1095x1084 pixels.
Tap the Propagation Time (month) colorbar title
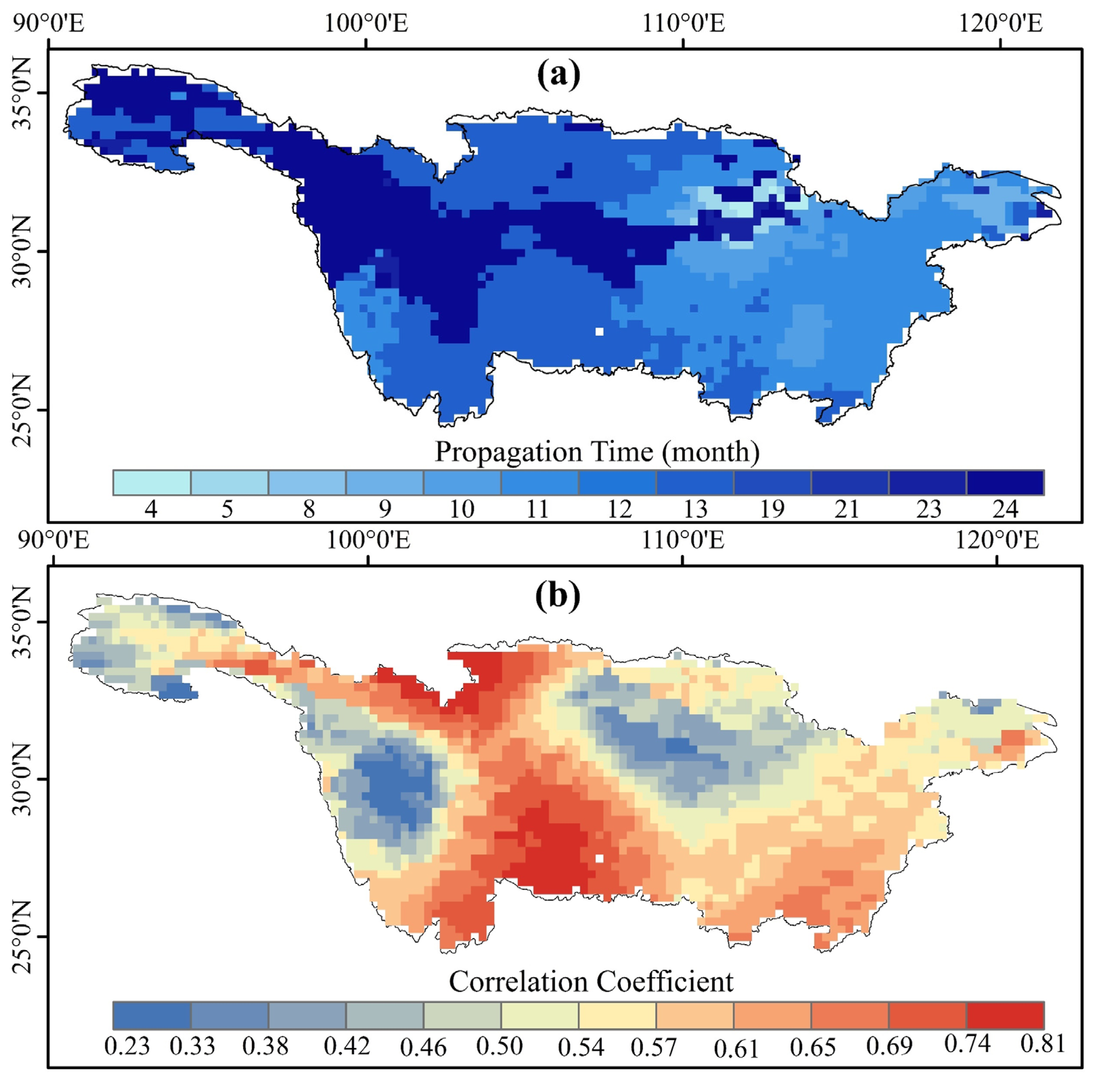(597, 452)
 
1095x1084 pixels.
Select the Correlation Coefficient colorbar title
(591, 981)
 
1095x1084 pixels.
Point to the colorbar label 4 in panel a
(151, 509)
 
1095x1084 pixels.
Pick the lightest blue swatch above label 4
(152, 483)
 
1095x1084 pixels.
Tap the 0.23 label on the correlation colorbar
(127, 1045)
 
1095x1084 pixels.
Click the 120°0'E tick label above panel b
(997, 540)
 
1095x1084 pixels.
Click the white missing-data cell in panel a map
(599, 331)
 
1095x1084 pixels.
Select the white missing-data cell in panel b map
(599, 858)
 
